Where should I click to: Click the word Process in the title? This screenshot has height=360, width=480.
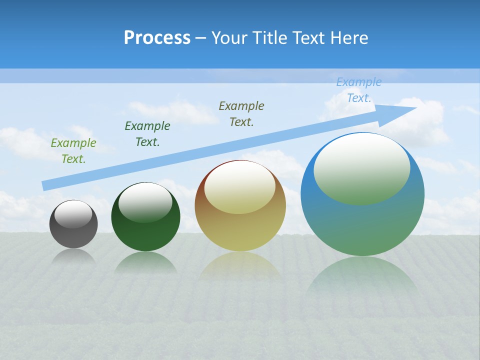tap(157, 38)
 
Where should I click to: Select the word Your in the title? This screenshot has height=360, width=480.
tap(228, 38)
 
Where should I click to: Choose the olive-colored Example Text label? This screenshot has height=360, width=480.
tap(241, 113)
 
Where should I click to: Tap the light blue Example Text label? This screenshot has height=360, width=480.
tap(358, 90)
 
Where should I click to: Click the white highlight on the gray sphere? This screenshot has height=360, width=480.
tap(73, 214)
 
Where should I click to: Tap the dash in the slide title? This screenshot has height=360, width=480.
tap(200, 38)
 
